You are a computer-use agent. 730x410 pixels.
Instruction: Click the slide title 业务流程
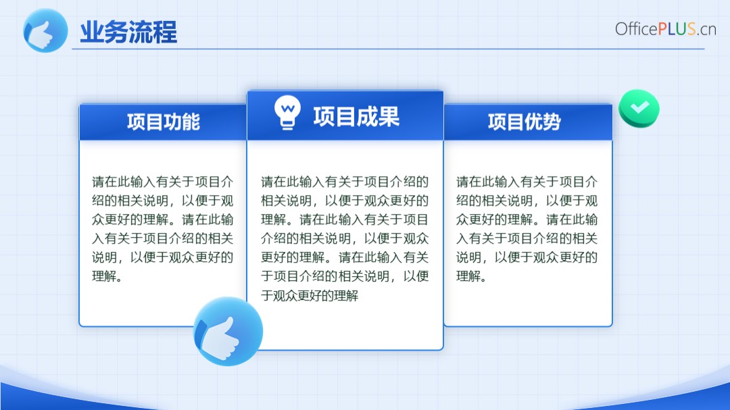(128, 32)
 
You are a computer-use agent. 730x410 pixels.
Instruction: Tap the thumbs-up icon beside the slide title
(45, 30)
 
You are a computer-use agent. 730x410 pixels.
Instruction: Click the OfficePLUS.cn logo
(665, 29)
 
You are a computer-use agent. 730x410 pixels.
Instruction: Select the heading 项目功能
(164, 122)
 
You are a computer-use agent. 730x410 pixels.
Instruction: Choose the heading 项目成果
(356, 116)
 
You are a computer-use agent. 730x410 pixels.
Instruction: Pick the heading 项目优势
(525, 122)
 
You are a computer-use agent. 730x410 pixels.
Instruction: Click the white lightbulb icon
(287, 112)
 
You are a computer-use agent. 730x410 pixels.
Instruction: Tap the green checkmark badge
(639, 109)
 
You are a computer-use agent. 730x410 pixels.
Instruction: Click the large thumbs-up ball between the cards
(228, 332)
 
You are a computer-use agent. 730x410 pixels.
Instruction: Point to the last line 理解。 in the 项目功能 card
(107, 276)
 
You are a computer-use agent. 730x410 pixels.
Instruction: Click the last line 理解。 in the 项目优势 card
(471, 276)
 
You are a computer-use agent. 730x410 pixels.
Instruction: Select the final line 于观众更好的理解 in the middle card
(310, 295)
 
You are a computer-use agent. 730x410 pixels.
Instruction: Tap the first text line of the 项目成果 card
(345, 182)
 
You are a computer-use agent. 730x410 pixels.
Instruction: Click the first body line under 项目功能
(162, 182)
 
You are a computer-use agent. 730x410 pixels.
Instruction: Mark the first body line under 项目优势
(527, 182)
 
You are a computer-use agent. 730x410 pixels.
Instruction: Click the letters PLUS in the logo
(677, 29)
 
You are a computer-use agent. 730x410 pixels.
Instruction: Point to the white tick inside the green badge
(639, 107)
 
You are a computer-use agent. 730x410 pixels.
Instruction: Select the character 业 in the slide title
(92, 32)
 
